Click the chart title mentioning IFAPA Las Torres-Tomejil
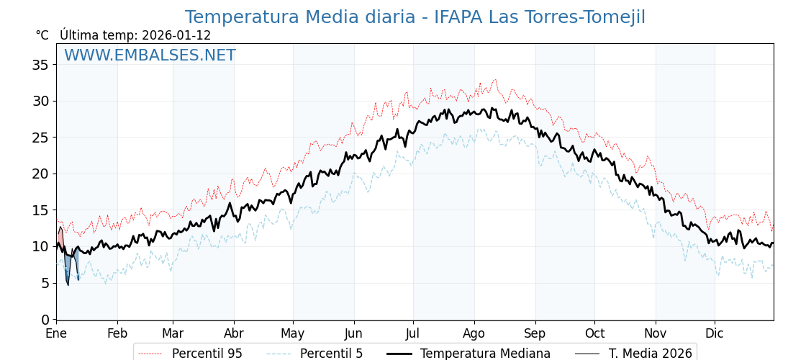coord(415,17)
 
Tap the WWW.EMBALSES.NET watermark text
coord(150,55)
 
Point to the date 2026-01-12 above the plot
coord(176,35)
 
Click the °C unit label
coord(42,35)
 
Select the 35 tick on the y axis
coord(40,65)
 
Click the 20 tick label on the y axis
coord(40,174)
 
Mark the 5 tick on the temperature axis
coord(45,283)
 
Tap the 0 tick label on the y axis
coord(45,319)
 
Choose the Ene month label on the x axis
coord(56,333)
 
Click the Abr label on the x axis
coord(234,333)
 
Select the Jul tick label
coord(413,333)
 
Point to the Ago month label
coord(474,333)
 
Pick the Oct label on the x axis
coord(594,333)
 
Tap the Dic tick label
coord(715,333)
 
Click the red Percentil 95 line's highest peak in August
coord(494,79)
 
